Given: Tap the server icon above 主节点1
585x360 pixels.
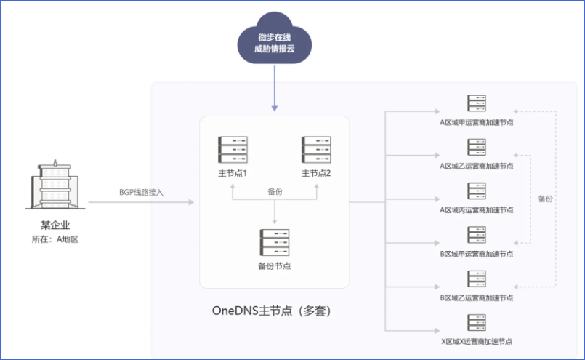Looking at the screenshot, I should (x=233, y=149).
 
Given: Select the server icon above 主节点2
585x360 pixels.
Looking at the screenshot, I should (x=316, y=149).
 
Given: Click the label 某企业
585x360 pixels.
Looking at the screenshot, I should (x=55, y=225).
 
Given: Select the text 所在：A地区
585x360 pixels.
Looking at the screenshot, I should (x=55, y=239).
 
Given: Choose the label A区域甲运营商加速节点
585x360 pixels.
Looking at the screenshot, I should (x=477, y=123).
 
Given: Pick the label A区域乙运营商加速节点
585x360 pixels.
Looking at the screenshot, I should (x=477, y=167).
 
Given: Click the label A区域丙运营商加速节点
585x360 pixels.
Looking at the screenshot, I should (x=477, y=210).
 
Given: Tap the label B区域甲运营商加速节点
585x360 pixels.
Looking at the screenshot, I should (x=477, y=254).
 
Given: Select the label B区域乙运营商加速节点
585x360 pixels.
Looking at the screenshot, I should (x=477, y=297).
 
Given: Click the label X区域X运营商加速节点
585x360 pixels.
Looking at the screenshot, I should (x=477, y=341).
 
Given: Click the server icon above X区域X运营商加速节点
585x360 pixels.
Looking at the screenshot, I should (x=477, y=322).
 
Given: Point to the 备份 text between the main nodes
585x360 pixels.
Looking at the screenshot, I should (x=275, y=192).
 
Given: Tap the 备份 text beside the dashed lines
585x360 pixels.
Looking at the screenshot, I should (x=546, y=199).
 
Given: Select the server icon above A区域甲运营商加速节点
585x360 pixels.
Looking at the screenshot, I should (x=477, y=103).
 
